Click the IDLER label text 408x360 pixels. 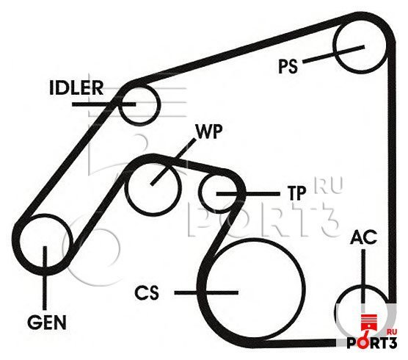[76, 87]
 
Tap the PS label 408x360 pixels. [288, 66]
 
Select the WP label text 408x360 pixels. [209, 132]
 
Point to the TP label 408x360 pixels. [296, 193]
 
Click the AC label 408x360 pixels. [363, 237]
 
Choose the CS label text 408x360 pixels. [147, 292]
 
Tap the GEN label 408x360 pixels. [47, 323]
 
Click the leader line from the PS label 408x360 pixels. [334, 54]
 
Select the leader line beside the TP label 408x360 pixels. [248, 194]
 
